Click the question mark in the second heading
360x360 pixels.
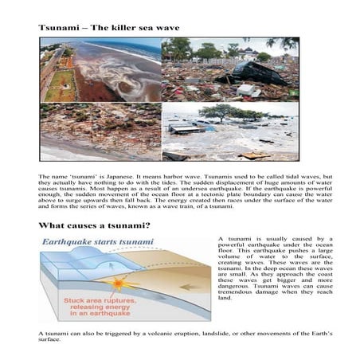coord(148,225)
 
